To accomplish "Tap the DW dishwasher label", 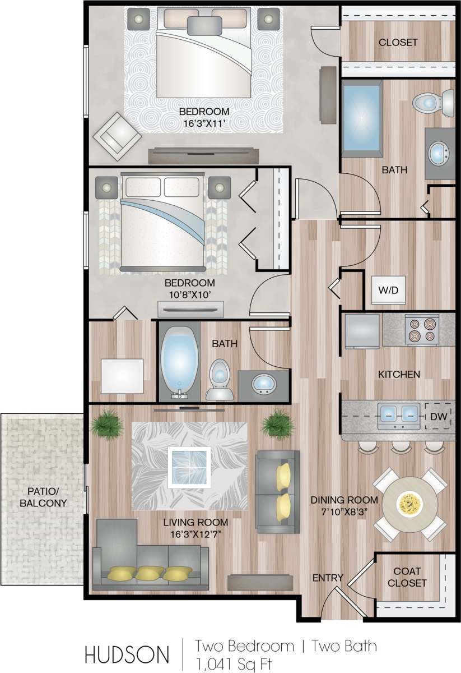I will coord(437,416).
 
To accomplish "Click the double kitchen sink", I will coord(399,413).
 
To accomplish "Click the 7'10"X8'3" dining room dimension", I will coord(344,511).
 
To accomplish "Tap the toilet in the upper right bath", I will coord(429,103).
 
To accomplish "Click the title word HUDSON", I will coord(126,654).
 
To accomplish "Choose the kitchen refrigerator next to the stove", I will coord(362,329).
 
